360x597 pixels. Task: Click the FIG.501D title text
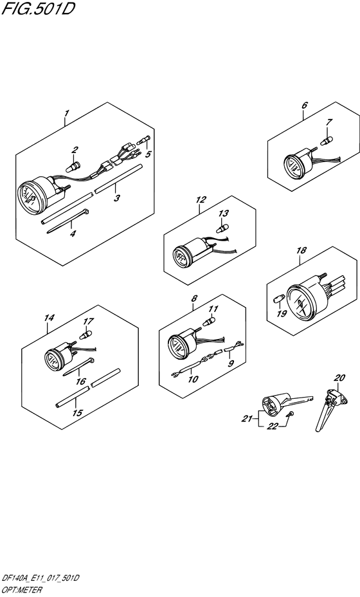click(x=38, y=8)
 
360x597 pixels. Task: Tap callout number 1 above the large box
click(x=67, y=113)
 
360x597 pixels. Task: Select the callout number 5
click(x=148, y=154)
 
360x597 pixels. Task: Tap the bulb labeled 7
click(x=325, y=142)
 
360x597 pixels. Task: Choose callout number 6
click(x=305, y=106)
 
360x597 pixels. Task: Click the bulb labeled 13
click(x=221, y=228)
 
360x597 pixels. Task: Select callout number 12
click(x=201, y=199)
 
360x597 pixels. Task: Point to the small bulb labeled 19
click(x=278, y=299)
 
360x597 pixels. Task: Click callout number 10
click(x=194, y=379)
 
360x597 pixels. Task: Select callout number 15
click(x=77, y=412)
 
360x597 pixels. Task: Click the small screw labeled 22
click(x=290, y=414)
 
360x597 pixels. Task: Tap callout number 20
click(x=339, y=378)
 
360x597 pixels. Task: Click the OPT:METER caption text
click(x=22, y=591)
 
